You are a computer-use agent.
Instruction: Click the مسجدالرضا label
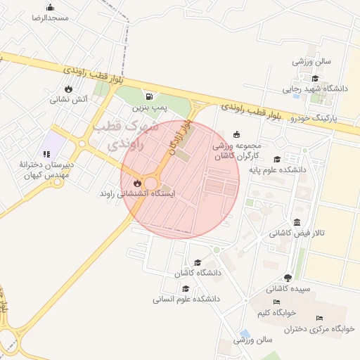tap(50, 18)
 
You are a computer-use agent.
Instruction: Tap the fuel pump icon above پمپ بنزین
tap(148, 96)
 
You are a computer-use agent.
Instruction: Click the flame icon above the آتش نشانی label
tap(68, 89)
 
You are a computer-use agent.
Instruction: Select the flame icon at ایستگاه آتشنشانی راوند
tap(137, 183)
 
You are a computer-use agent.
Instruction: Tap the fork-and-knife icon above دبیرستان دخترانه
tap(47, 153)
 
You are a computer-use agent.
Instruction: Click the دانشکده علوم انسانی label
tap(186, 299)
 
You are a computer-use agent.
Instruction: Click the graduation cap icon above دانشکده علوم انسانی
tap(186, 289)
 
